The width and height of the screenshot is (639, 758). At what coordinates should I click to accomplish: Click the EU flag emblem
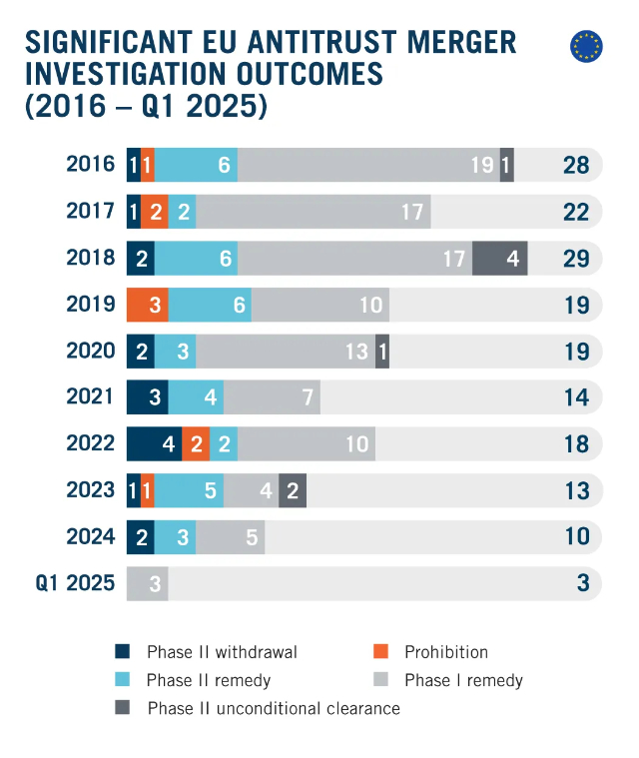pyautogui.click(x=586, y=46)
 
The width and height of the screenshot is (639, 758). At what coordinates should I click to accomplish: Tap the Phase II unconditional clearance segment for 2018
pyautogui.click(x=499, y=259)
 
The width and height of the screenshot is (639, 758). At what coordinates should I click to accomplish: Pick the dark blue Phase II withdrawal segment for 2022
pyautogui.click(x=154, y=443)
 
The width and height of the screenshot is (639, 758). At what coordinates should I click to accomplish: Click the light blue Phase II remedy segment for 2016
pyautogui.click(x=196, y=165)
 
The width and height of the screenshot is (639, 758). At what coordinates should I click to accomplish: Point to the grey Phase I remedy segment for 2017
pyautogui.click(x=314, y=212)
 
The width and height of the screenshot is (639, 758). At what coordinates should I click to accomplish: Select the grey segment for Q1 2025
pyautogui.click(x=147, y=583)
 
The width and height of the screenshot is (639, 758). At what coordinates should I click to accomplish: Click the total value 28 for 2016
pyautogui.click(x=576, y=165)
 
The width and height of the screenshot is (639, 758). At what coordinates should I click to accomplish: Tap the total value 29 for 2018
pyautogui.click(x=576, y=259)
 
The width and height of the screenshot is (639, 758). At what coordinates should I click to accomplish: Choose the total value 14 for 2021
pyautogui.click(x=576, y=397)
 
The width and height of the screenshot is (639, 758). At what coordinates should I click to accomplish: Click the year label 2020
pyautogui.click(x=91, y=351)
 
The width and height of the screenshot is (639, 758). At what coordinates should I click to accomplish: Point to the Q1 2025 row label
pyautogui.click(x=76, y=583)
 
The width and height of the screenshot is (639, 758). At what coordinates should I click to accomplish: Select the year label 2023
pyautogui.click(x=91, y=490)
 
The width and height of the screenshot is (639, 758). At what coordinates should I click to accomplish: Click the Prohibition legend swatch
pyautogui.click(x=379, y=652)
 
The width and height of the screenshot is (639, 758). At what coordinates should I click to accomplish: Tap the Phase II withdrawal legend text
pyautogui.click(x=222, y=652)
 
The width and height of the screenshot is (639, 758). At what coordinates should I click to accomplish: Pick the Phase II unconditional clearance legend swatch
pyautogui.click(x=122, y=708)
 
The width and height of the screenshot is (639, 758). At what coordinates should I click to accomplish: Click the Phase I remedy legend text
pyautogui.click(x=463, y=680)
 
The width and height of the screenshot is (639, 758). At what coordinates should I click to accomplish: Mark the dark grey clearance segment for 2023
pyautogui.click(x=293, y=490)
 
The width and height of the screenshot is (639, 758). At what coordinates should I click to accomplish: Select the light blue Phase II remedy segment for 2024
pyautogui.click(x=175, y=536)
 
